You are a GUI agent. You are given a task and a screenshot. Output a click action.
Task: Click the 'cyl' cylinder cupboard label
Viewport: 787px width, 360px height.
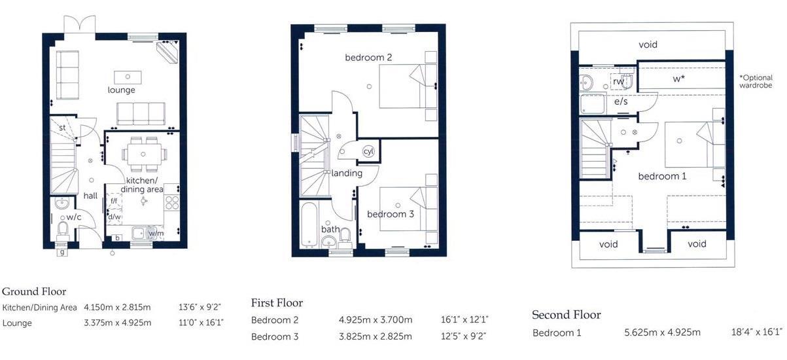368,151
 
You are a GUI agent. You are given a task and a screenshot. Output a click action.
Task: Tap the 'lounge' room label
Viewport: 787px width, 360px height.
121,90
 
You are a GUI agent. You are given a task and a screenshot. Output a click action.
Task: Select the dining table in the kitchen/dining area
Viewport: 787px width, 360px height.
144,154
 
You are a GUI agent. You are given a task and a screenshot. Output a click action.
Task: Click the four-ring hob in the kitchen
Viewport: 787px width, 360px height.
172,202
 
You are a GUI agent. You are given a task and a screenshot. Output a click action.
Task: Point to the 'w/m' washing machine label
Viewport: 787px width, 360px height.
156,233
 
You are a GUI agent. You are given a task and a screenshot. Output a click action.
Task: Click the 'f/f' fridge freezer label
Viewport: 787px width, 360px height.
114,201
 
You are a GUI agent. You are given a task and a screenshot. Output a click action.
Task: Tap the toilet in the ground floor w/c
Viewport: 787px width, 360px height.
63,230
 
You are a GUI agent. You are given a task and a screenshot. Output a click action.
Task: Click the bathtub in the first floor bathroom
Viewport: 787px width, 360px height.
309,224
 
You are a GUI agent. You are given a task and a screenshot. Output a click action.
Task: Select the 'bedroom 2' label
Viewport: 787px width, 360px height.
368,58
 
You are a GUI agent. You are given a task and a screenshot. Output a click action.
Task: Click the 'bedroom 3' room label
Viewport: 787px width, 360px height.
391,214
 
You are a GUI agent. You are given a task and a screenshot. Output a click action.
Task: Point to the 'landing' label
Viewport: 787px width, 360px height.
347,173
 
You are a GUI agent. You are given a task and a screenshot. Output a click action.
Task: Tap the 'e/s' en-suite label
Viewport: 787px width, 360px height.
621,101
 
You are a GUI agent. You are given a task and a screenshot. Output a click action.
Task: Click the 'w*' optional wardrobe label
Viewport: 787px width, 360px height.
679,79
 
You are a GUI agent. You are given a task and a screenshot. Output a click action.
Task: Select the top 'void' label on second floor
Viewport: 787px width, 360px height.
648,45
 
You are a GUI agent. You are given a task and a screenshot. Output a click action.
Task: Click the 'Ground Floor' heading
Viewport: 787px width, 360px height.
34,291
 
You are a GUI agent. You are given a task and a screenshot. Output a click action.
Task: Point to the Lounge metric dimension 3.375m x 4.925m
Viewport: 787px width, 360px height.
117,323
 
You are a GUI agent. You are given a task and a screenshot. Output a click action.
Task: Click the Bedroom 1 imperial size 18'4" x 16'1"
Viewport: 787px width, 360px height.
757,333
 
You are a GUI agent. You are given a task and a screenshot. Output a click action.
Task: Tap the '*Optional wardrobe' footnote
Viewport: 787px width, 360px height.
756,81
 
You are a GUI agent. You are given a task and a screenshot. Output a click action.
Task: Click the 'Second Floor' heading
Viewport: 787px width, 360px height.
567,315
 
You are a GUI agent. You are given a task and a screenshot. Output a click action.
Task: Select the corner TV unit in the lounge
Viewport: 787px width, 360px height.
167,52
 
